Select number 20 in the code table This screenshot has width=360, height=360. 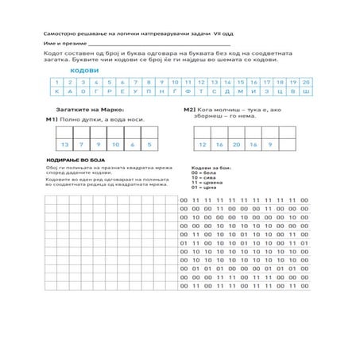tap(306, 82)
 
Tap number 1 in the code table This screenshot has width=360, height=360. tap(56, 82)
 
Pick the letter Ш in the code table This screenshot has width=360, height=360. tap(306, 91)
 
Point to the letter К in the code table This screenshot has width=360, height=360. tap(56, 91)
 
